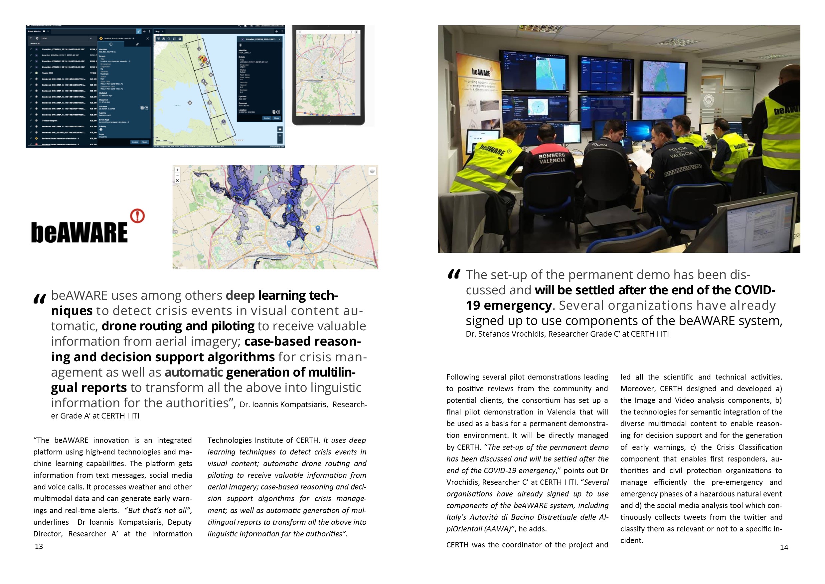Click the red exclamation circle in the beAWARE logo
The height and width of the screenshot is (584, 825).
pos(137,216)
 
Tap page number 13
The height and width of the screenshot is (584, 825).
pos(39,547)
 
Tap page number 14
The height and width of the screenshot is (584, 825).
pos(784,548)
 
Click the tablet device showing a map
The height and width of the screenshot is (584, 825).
pos(328,75)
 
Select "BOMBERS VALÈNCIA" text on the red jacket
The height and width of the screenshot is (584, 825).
pos(552,157)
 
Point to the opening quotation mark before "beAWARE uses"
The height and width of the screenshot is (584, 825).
pos(40,299)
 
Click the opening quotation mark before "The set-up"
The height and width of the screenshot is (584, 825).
pos(454,275)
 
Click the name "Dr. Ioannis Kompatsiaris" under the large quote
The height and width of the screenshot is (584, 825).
pos(283,405)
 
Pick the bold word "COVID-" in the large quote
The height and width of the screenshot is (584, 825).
pos(754,290)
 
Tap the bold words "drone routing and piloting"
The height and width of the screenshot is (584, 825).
pos(178,326)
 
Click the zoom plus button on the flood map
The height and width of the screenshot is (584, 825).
pos(177,170)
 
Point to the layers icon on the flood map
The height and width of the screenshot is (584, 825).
pos(372,171)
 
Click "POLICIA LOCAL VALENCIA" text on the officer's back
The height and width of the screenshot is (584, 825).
pos(679,152)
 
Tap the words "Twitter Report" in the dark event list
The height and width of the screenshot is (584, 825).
pos(50,121)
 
